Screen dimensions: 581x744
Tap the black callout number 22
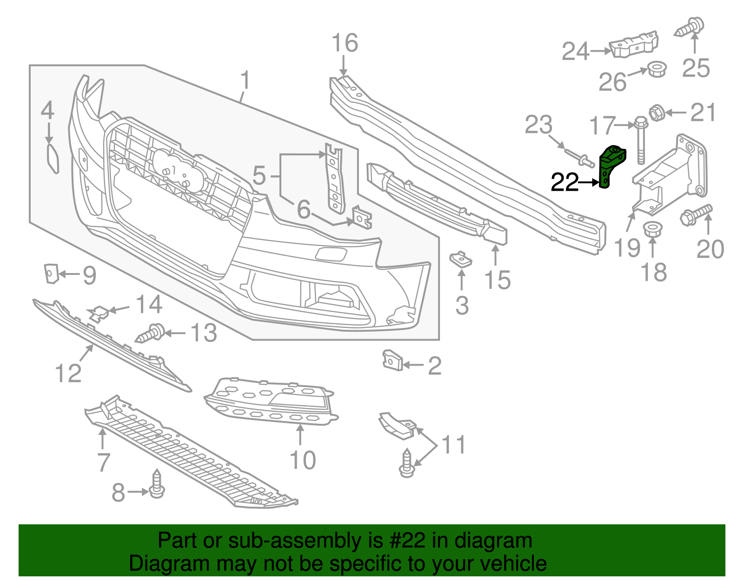coord(564,182)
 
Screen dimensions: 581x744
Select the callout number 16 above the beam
coord(345,43)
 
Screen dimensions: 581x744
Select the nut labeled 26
coord(657,70)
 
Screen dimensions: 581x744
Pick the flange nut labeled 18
coord(652,229)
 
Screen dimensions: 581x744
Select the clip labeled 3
coord(460,259)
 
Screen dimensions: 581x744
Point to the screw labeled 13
coord(151,333)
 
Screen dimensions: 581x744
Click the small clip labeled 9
coord(50,273)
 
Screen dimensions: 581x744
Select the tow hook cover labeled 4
coord(53,158)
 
